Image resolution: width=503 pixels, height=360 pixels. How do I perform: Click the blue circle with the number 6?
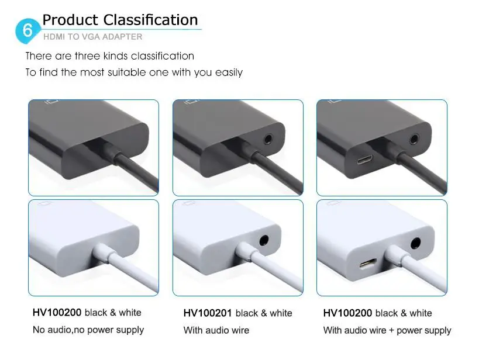tap(27, 31)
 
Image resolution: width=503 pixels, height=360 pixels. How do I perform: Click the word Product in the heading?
tap(70, 20)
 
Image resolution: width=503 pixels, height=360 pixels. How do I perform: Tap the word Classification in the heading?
tap(150, 20)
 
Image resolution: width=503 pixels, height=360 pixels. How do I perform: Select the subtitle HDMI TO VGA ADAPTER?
tap(93, 37)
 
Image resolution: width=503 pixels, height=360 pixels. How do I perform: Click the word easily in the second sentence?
tap(229, 73)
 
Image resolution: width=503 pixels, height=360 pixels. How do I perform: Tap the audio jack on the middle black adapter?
tap(267, 139)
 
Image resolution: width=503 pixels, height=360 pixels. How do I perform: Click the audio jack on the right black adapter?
tap(414, 140)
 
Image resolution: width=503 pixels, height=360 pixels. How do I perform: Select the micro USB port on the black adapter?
tap(365, 160)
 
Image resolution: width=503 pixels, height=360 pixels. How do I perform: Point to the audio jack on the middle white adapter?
tap(264, 240)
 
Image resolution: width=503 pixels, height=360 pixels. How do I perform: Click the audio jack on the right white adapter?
tap(415, 244)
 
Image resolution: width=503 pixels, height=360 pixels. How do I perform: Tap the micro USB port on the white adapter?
tap(368, 264)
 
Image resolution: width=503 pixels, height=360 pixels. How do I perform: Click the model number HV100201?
tap(207, 313)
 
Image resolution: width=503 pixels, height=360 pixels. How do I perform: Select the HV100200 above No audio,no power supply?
tap(57, 312)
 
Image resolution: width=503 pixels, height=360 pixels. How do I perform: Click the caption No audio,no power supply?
tap(88, 330)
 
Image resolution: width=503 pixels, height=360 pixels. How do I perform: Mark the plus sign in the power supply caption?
tap(391, 331)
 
